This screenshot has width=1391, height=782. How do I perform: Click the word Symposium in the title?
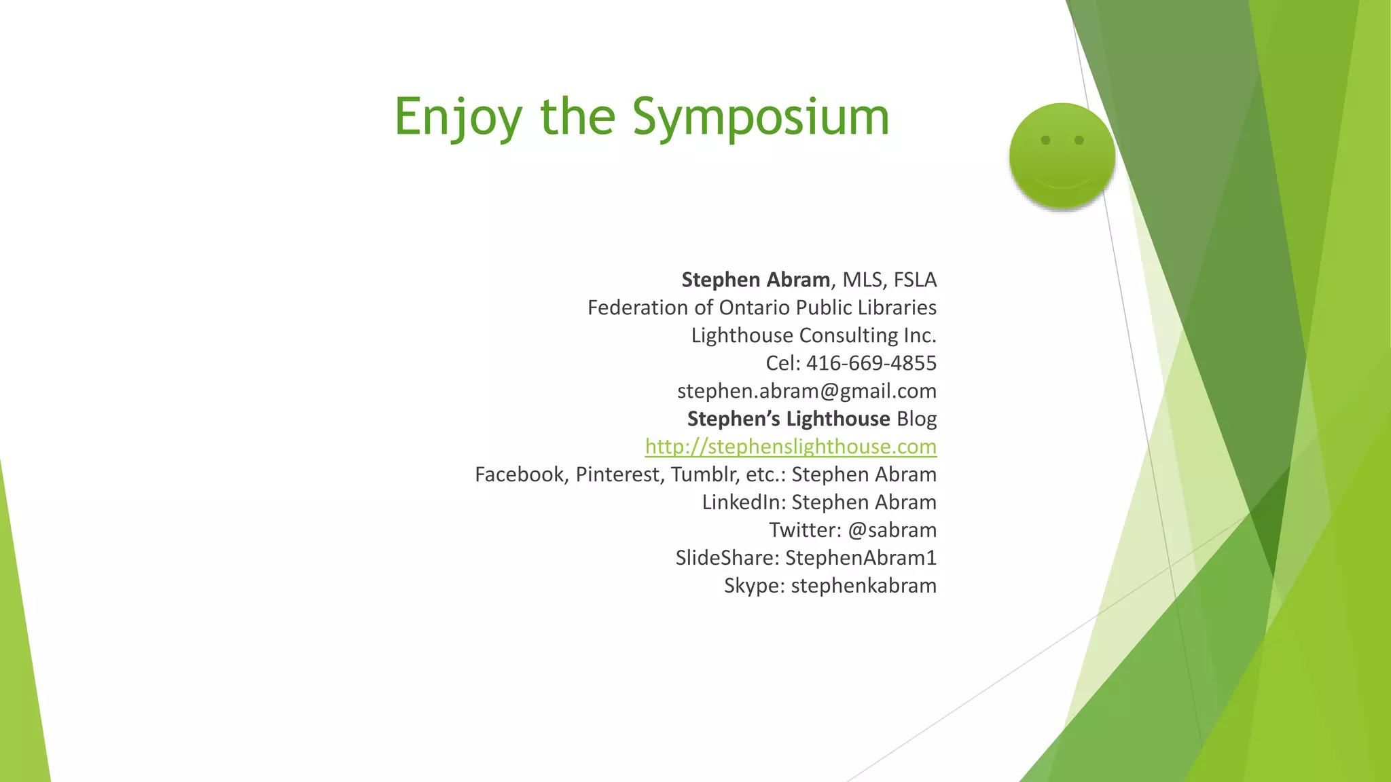point(761,117)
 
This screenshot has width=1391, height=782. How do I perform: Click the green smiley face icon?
point(1062,155)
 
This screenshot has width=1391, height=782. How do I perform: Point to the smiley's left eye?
point(1046,141)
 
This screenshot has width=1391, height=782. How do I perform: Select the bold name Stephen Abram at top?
point(755,280)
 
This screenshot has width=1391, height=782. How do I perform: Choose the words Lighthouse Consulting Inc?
point(814,335)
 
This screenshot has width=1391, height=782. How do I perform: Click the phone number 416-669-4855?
point(871,363)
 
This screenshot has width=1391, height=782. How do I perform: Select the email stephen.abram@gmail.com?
point(807,391)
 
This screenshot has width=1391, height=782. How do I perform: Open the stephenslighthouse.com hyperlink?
point(791,447)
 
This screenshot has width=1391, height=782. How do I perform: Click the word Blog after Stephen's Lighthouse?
point(916,419)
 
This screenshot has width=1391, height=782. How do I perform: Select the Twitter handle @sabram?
point(892,530)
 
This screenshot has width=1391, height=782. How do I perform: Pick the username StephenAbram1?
point(861,558)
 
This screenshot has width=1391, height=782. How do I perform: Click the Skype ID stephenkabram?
point(863,586)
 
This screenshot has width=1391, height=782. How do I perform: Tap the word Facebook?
point(520,474)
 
